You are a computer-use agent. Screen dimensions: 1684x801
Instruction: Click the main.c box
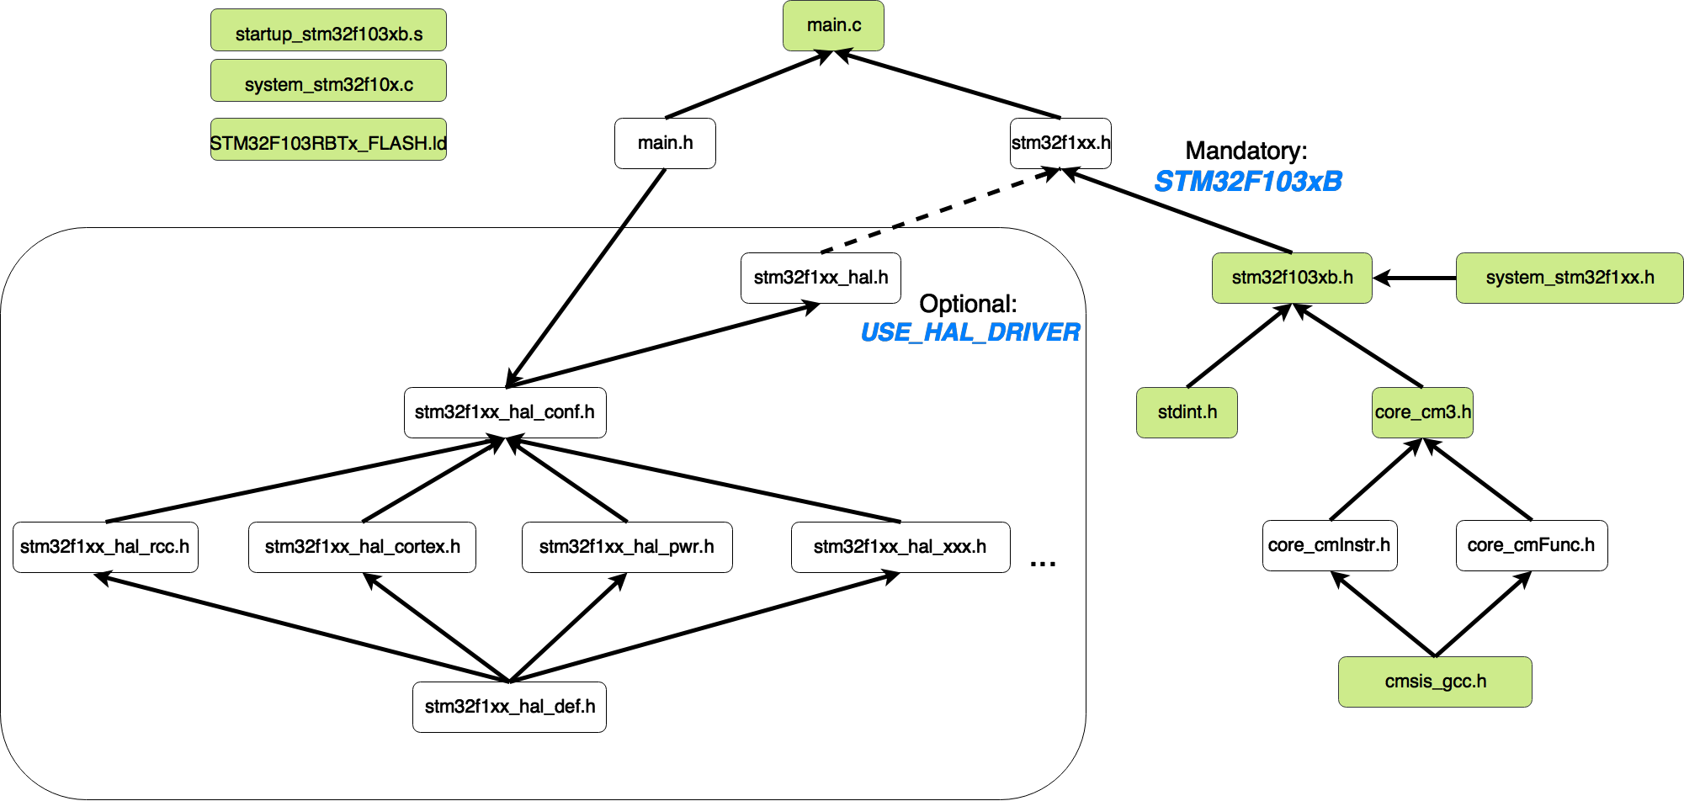(833, 25)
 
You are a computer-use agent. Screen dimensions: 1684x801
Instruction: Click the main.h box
(665, 143)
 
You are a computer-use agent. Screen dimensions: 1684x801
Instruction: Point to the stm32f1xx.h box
(1060, 143)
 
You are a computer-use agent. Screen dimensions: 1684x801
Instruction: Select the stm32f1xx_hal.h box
(821, 278)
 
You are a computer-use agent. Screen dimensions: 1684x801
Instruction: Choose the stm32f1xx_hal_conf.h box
(505, 412)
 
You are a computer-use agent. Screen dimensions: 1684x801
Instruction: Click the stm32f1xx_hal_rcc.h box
(105, 547)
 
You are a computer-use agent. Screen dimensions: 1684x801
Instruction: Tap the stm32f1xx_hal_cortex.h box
(362, 547)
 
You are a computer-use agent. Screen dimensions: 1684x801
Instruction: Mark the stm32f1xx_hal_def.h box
(509, 707)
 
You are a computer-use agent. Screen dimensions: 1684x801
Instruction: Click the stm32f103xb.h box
(1292, 278)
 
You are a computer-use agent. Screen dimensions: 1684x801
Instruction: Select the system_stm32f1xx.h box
(1570, 278)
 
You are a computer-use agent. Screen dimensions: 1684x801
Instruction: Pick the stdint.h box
(1187, 412)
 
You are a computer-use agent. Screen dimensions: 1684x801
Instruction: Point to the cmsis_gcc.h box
(1435, 682)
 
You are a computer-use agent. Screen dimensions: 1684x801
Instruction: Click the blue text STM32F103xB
(1248, 181)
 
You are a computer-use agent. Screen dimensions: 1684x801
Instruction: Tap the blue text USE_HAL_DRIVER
(969, 332)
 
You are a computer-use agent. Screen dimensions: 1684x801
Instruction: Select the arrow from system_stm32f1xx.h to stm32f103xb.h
(1415, 278)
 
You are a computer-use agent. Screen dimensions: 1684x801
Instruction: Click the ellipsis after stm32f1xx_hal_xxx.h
(1043, 565)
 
